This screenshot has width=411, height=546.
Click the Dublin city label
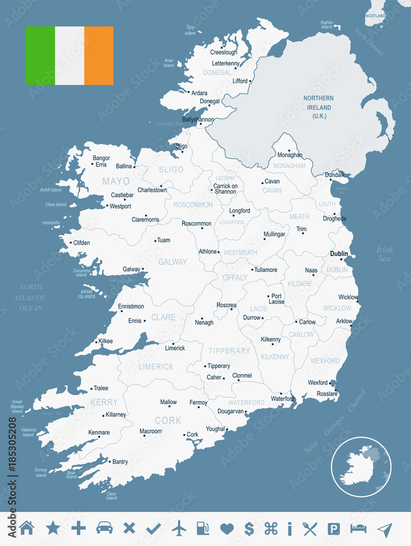click(338, 253)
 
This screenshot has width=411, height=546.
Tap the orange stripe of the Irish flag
click(99, 56)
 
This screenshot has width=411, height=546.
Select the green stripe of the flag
click(40, 56)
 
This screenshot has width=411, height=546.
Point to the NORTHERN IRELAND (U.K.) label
click(319, 107)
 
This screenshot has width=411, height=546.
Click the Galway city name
click(131, 269)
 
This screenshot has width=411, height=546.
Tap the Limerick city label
click(175, 348)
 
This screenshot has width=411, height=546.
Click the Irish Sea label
click(384, 254)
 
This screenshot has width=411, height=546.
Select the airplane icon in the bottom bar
click(179, 528)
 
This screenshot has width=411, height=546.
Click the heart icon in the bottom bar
click(227, 528)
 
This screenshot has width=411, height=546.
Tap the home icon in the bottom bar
click(27, 528)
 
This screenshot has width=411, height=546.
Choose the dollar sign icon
click(249, 528)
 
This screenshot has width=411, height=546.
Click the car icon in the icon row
click(104, 528)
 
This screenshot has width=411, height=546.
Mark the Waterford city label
click(282, 399)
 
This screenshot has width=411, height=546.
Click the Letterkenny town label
click(225, 63)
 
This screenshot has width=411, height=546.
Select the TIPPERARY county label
click(229, 351)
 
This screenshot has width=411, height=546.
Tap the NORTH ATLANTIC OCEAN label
click(31, 298)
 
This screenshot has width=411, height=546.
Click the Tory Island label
click(190, 29)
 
